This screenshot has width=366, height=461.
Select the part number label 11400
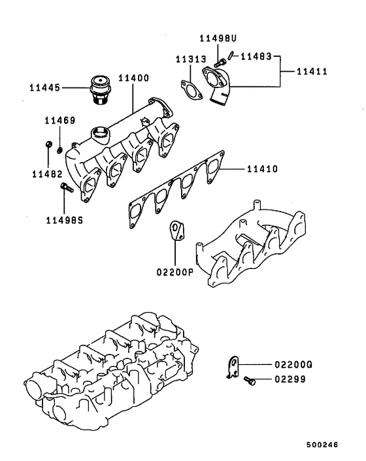point(133,78)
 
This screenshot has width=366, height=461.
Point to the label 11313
point(190,59)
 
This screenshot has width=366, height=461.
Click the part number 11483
point(256,56)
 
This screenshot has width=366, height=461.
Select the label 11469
point(59,121)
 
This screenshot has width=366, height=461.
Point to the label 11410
point(263,168)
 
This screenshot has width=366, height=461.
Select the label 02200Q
point(290,364)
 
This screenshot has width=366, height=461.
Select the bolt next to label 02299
point(249,380)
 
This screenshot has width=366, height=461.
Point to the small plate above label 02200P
point(176,232)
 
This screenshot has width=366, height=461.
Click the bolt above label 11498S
point(65,189)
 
